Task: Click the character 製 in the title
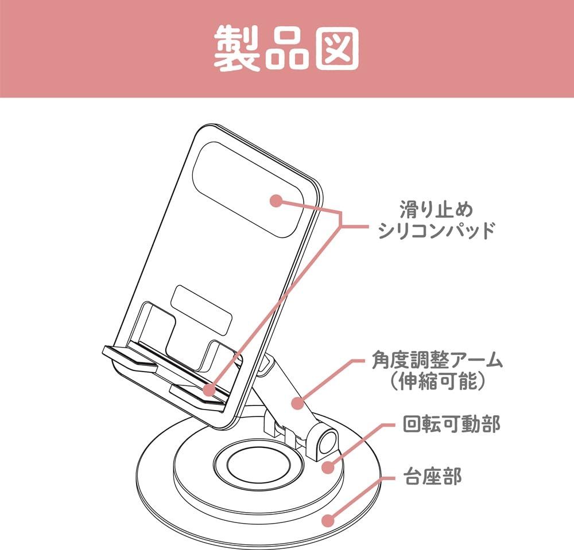(x=237, y=49)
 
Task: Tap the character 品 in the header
(x=288, y=49)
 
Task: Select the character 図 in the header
(x=337, y=49)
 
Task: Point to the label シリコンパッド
(x=436, y=231)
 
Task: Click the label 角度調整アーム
(x=437, y=360)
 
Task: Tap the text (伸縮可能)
(x=437, y=381)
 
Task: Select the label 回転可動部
(x=451, y=424)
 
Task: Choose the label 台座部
(x=432, y=476)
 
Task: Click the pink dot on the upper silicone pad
(x=276, y=200)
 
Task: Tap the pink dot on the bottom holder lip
(x=210, y=390)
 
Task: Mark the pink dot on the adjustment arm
(x=298, y=403)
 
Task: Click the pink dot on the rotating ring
(x=328, y=467)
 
